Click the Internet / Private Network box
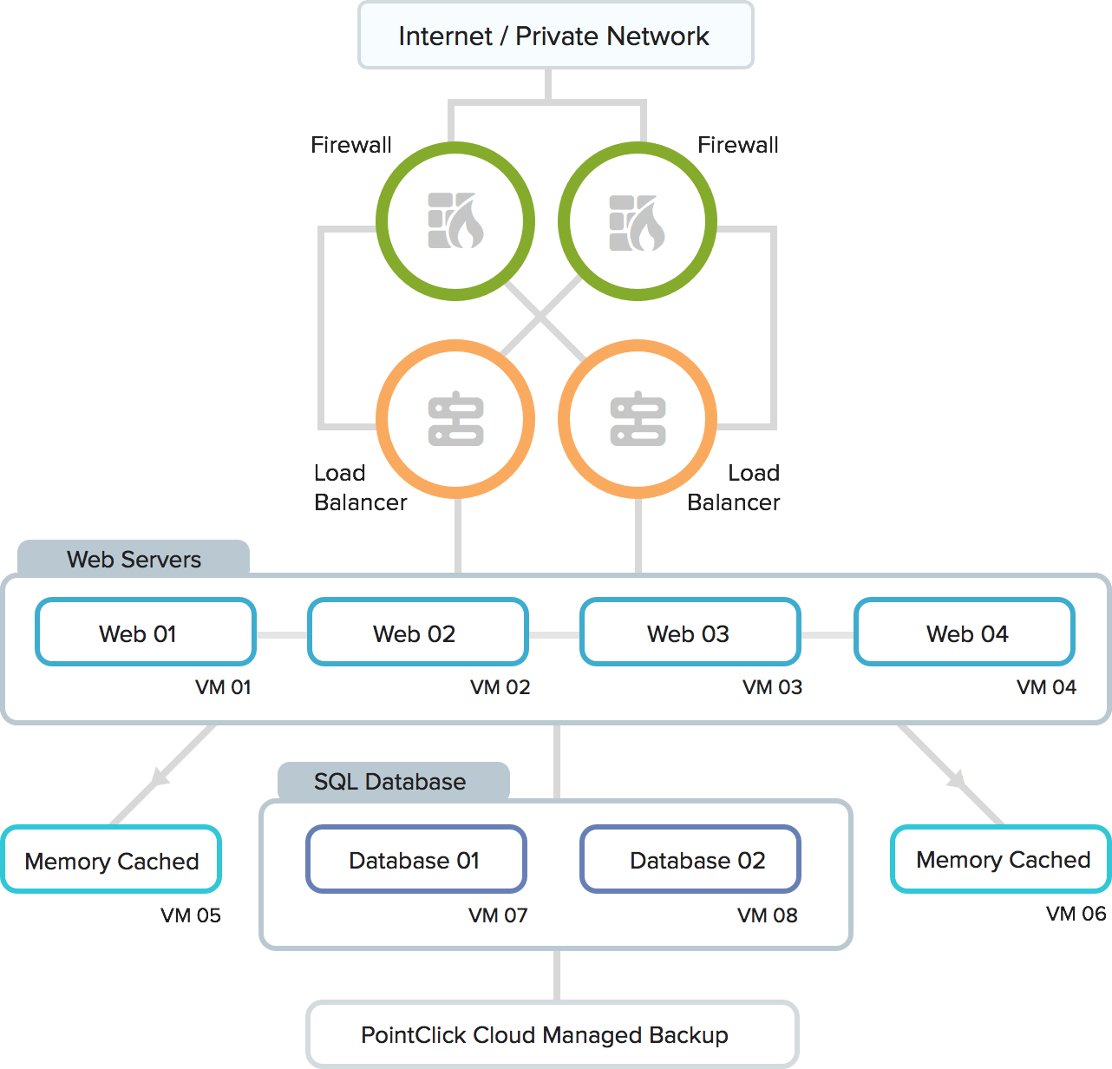pos(555,36)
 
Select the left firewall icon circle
pos(455,221)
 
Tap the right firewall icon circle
pos(638,221)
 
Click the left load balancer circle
pos(455,419)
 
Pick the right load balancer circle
pos(638,419)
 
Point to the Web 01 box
pos(146,633)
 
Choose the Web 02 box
pos(418,633)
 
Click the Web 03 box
pos(690,633)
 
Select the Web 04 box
pos(965,633)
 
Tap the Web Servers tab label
pos(134,560)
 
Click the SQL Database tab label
pos(390,782)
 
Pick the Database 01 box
pos(416,860)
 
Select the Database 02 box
pos(690,860)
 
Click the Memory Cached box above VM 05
pos(112,860)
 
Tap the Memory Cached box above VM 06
pos(1002,859)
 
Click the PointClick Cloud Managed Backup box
pos(553,1034)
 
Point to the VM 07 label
pos(498,915)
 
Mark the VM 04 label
pos(1046,687)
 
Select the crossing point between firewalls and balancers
pos(541,320)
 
